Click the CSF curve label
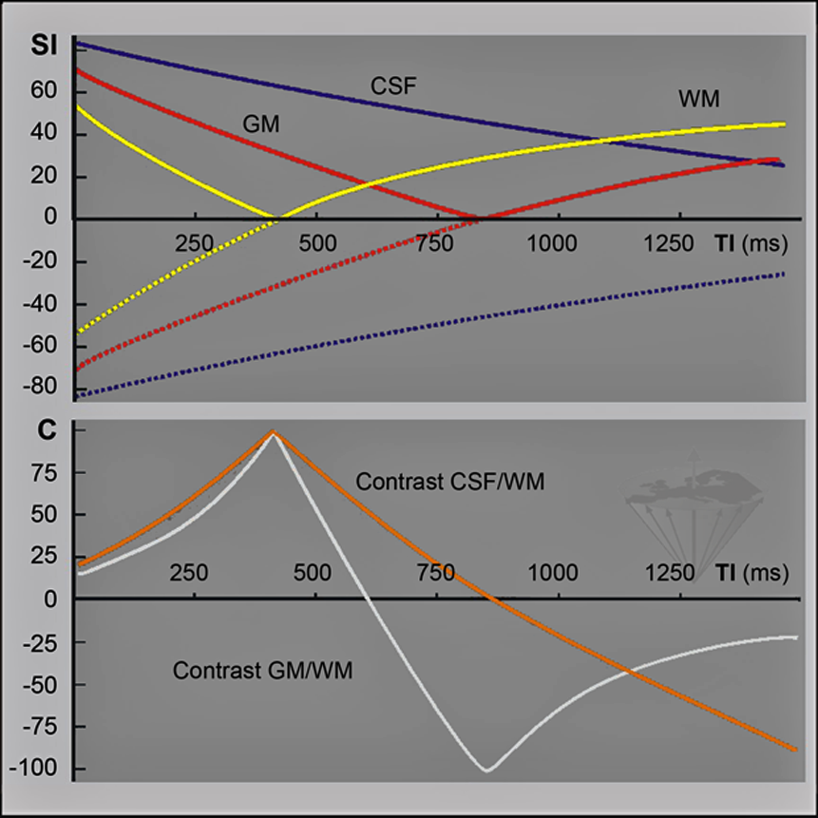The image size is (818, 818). [394, 86]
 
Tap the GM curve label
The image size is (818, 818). [260, 123]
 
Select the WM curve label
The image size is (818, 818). [698, 98]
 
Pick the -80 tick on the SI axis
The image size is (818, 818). [45, 388]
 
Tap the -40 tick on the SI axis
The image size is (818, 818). [45, 303]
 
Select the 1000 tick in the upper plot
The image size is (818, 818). [554, 241]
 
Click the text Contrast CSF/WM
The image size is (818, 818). [449, 483]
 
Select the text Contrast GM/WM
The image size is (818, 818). [262, 671]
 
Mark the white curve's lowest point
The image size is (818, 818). [487, 770]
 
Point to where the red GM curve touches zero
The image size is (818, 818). [477, 219]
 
